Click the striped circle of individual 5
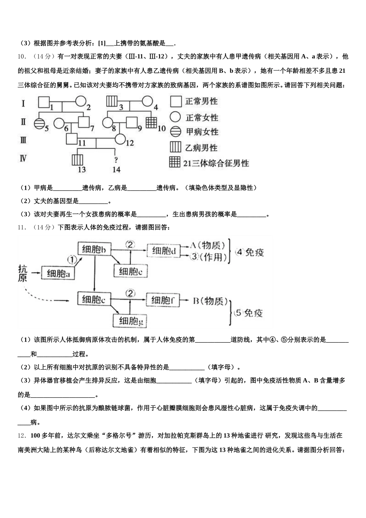(x=39, y=123)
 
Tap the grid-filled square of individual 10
(x=151, y=123)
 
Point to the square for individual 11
(x=72, y=139)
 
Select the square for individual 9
(x=132, y=123)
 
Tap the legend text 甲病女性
(x=202, y=132)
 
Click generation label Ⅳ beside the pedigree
(x=23, y=158)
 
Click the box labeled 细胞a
(x=58, y=273)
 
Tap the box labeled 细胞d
(x=164, y=251)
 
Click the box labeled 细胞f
(x=163, y=300)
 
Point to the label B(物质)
(x=210, y=301)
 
